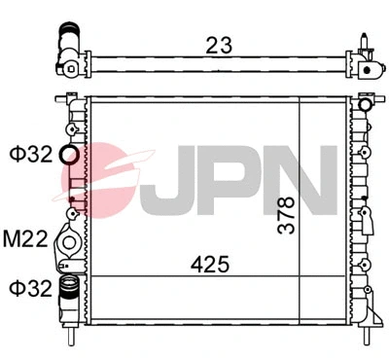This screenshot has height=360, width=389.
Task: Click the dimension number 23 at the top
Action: tap(218, 44)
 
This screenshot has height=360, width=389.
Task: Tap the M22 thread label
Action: tap(26, 239)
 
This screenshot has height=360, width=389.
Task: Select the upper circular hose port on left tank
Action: tap(69, 155)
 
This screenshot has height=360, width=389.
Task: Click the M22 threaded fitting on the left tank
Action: tap(69, 241)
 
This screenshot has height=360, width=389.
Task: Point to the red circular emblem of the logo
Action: tap(102, 180)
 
